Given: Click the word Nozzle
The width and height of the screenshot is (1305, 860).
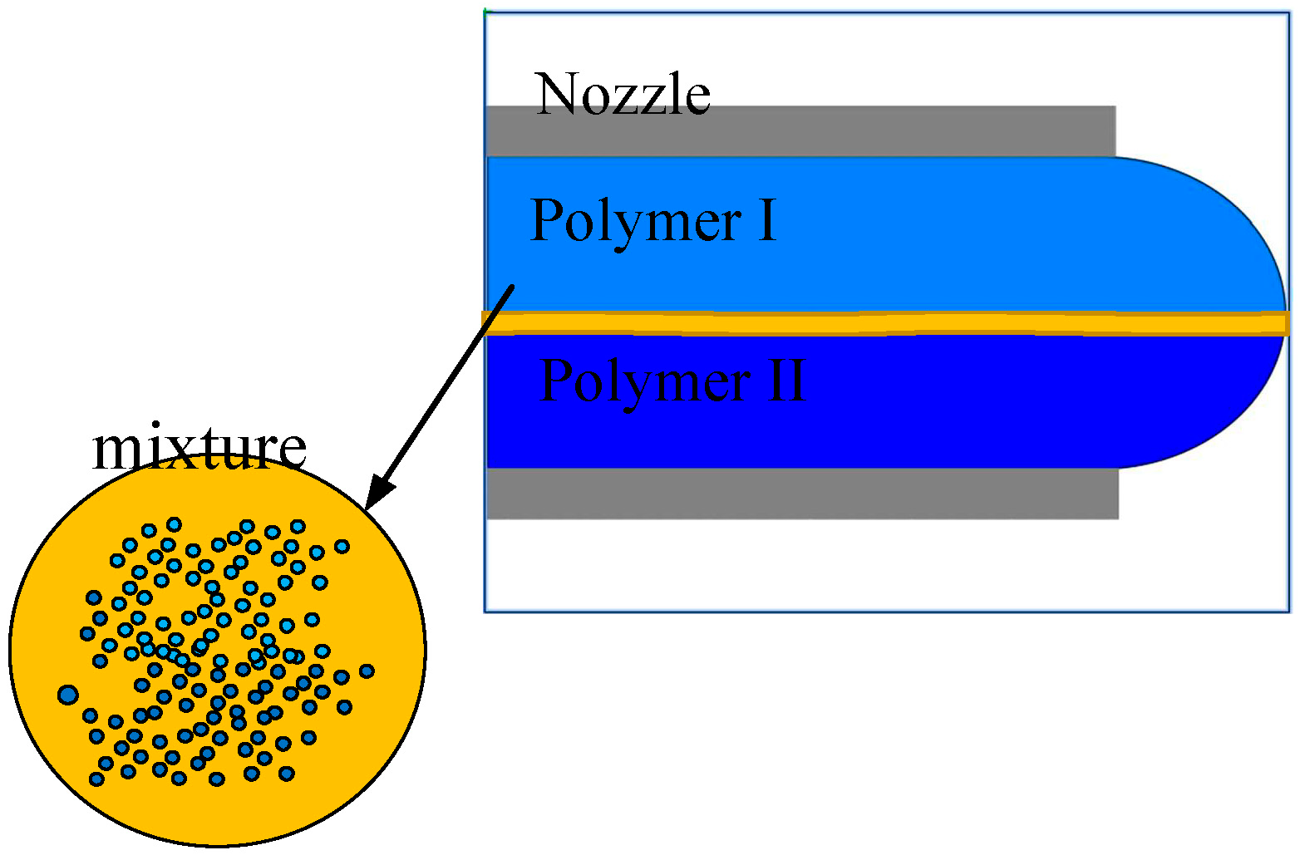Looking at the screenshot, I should point(623,94).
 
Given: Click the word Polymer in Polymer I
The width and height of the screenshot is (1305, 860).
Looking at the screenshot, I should point(636,221).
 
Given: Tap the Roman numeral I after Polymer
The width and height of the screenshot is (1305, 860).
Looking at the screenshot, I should point(767,221).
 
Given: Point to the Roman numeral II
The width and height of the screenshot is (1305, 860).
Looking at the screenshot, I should point(786,381).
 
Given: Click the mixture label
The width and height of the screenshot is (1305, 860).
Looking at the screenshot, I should point(199,449).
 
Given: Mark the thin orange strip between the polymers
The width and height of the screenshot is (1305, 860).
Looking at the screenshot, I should point(831,322).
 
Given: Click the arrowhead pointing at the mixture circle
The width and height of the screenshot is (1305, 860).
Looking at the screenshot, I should point(375,495).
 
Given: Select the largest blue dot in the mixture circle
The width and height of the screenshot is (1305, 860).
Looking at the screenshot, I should point(68,694).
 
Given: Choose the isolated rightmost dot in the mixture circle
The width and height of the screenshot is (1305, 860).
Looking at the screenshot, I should point(367,671).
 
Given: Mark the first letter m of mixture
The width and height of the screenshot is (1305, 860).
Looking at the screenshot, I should point(116,450).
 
